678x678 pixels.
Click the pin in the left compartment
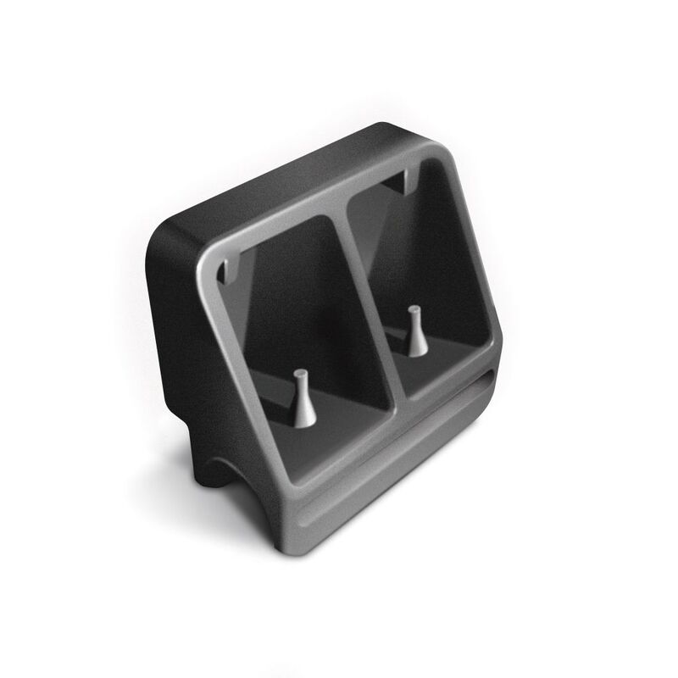tap(303, 398)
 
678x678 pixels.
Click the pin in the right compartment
tap(414, 331)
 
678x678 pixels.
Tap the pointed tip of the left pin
tap(300, 372)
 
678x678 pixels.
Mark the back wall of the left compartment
tap(297, 288)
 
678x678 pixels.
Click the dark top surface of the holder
tap(280, 178)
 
